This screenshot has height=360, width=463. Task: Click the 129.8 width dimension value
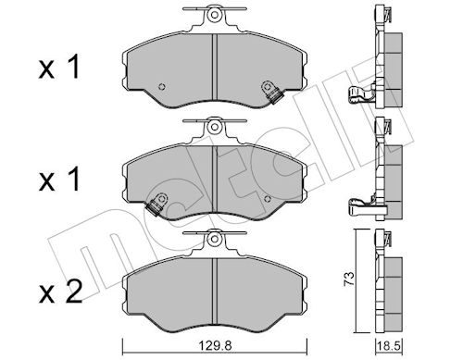215,346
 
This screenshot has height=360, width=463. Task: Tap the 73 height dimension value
349,279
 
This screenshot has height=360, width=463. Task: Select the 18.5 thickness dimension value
389,347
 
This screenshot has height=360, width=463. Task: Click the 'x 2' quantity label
60,292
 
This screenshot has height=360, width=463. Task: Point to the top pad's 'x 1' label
59,67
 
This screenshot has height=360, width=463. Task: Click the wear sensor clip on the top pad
272,93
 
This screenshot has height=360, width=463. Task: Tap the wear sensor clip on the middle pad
157,205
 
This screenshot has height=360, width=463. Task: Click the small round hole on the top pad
161,87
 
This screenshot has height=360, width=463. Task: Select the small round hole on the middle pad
268,199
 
